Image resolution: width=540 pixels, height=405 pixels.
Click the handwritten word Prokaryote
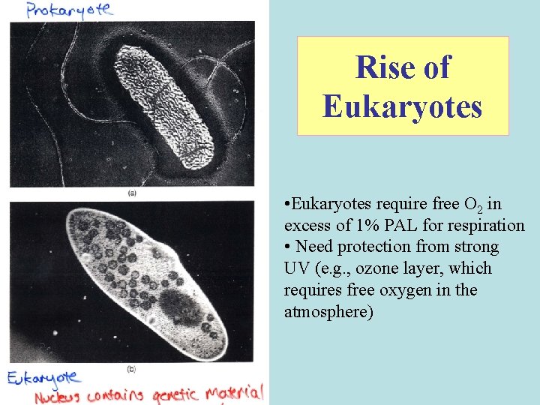click(68, 10)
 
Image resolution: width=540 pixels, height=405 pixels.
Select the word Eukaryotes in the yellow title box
click(403, 106)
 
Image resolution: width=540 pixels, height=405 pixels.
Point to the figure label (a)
click(132, 193)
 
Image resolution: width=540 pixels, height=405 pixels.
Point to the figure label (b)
click(132, 369)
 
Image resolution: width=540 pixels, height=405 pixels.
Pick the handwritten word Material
click(235, 392)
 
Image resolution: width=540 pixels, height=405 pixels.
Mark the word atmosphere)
click(328, 311)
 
